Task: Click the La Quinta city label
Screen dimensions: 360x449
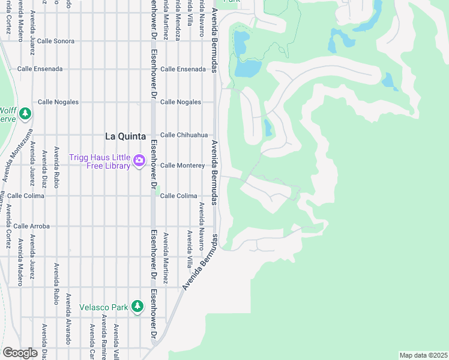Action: [126, 136]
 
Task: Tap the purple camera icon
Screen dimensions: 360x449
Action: [139, 160]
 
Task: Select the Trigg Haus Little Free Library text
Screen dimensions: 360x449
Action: [100, 161]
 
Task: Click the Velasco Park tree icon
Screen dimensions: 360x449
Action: [137, 307]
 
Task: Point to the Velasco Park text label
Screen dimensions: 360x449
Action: [104, 307]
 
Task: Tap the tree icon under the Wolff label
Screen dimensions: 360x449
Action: [25, 113]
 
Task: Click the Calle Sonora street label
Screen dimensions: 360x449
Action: [56, 41]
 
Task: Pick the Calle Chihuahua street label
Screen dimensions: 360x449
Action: [183, 135]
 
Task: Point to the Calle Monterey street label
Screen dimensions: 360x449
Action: [182, 165]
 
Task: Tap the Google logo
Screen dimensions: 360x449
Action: [20, 353]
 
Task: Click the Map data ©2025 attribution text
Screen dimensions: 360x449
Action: [423, 355]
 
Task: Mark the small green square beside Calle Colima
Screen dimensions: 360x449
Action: [158, 193]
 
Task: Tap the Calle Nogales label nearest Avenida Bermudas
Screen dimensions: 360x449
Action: [180, 102]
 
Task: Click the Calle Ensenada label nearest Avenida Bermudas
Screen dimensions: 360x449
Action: [182, 69]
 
